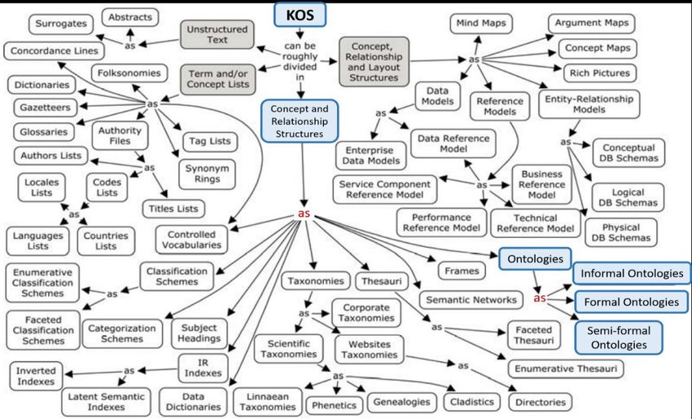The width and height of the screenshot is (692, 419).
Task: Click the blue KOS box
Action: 300,15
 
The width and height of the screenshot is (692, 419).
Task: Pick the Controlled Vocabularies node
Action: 189,238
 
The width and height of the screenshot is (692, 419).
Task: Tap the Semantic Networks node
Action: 471,299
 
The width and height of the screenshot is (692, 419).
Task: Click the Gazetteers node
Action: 42,108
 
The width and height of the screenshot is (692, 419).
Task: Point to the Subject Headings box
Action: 199,333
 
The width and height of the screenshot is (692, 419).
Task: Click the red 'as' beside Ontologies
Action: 539,298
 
